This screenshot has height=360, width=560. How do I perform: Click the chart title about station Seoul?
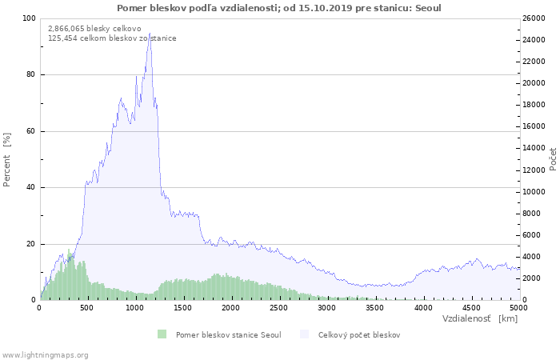[x=278, y=8]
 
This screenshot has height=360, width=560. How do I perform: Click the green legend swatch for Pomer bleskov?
[x=162, y=334]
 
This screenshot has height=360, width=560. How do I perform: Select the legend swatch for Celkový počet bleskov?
[x=305, y=334]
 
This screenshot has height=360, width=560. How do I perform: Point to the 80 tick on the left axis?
[x=30, y=74]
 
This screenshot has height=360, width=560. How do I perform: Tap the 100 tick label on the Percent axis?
[x=28, y=18]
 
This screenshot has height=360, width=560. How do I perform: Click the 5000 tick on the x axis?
[x=518, y=307]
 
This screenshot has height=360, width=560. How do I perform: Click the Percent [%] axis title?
[x=7, y=159]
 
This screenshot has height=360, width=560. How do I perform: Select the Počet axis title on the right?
[x=553, y=159]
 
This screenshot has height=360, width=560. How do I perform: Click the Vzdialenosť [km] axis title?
[x=480, y=318]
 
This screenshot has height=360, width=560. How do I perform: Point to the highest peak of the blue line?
[x=150, y=34]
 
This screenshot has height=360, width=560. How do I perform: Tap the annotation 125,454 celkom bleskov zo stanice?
[x=112, y=38]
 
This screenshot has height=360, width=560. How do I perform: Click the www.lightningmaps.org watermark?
[x=45, y=354]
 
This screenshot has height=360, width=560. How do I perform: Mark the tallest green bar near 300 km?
[x=70, y=254]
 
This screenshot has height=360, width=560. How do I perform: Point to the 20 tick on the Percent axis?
[x=30, y=244]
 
